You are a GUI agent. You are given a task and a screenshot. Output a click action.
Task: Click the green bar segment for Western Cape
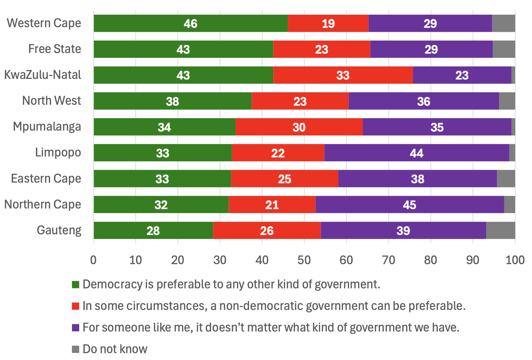tap(191, 23)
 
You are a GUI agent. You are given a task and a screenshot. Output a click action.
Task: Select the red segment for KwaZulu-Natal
tap(343, 75)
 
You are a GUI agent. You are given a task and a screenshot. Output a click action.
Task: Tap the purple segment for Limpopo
tap(417, 153)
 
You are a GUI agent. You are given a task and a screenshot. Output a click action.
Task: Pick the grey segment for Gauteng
tap(501, 231)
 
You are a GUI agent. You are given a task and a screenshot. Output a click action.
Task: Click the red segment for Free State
tap(322, 49)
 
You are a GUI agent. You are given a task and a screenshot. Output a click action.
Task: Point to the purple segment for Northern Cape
tap(410, 205)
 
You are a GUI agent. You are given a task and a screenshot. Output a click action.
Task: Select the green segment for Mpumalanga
tap(165, 127)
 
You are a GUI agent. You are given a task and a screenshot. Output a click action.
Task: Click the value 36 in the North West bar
tap(424, 101)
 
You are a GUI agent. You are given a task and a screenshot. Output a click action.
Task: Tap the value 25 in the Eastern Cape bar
tap(285, 179)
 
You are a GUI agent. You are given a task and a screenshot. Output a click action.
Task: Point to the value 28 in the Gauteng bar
tap(153, 231)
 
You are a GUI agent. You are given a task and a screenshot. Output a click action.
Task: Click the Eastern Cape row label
tap(46, 178)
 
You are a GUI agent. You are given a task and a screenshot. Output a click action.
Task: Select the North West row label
tap(52, 100)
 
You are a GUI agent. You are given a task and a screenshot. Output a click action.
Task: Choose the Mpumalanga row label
tap(47, 127)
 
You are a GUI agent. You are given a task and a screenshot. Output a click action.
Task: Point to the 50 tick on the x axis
tap(304, 260)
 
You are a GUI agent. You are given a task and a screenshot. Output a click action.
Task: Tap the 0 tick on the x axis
tap(93, 260)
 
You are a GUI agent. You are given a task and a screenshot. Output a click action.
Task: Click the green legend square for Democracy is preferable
tap(75, 284)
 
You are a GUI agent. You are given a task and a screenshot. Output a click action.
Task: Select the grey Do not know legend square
tap(75, 349)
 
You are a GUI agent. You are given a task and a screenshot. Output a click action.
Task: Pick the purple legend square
tap(75, 328)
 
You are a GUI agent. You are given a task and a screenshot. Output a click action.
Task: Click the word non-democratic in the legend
tap(261, 306)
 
